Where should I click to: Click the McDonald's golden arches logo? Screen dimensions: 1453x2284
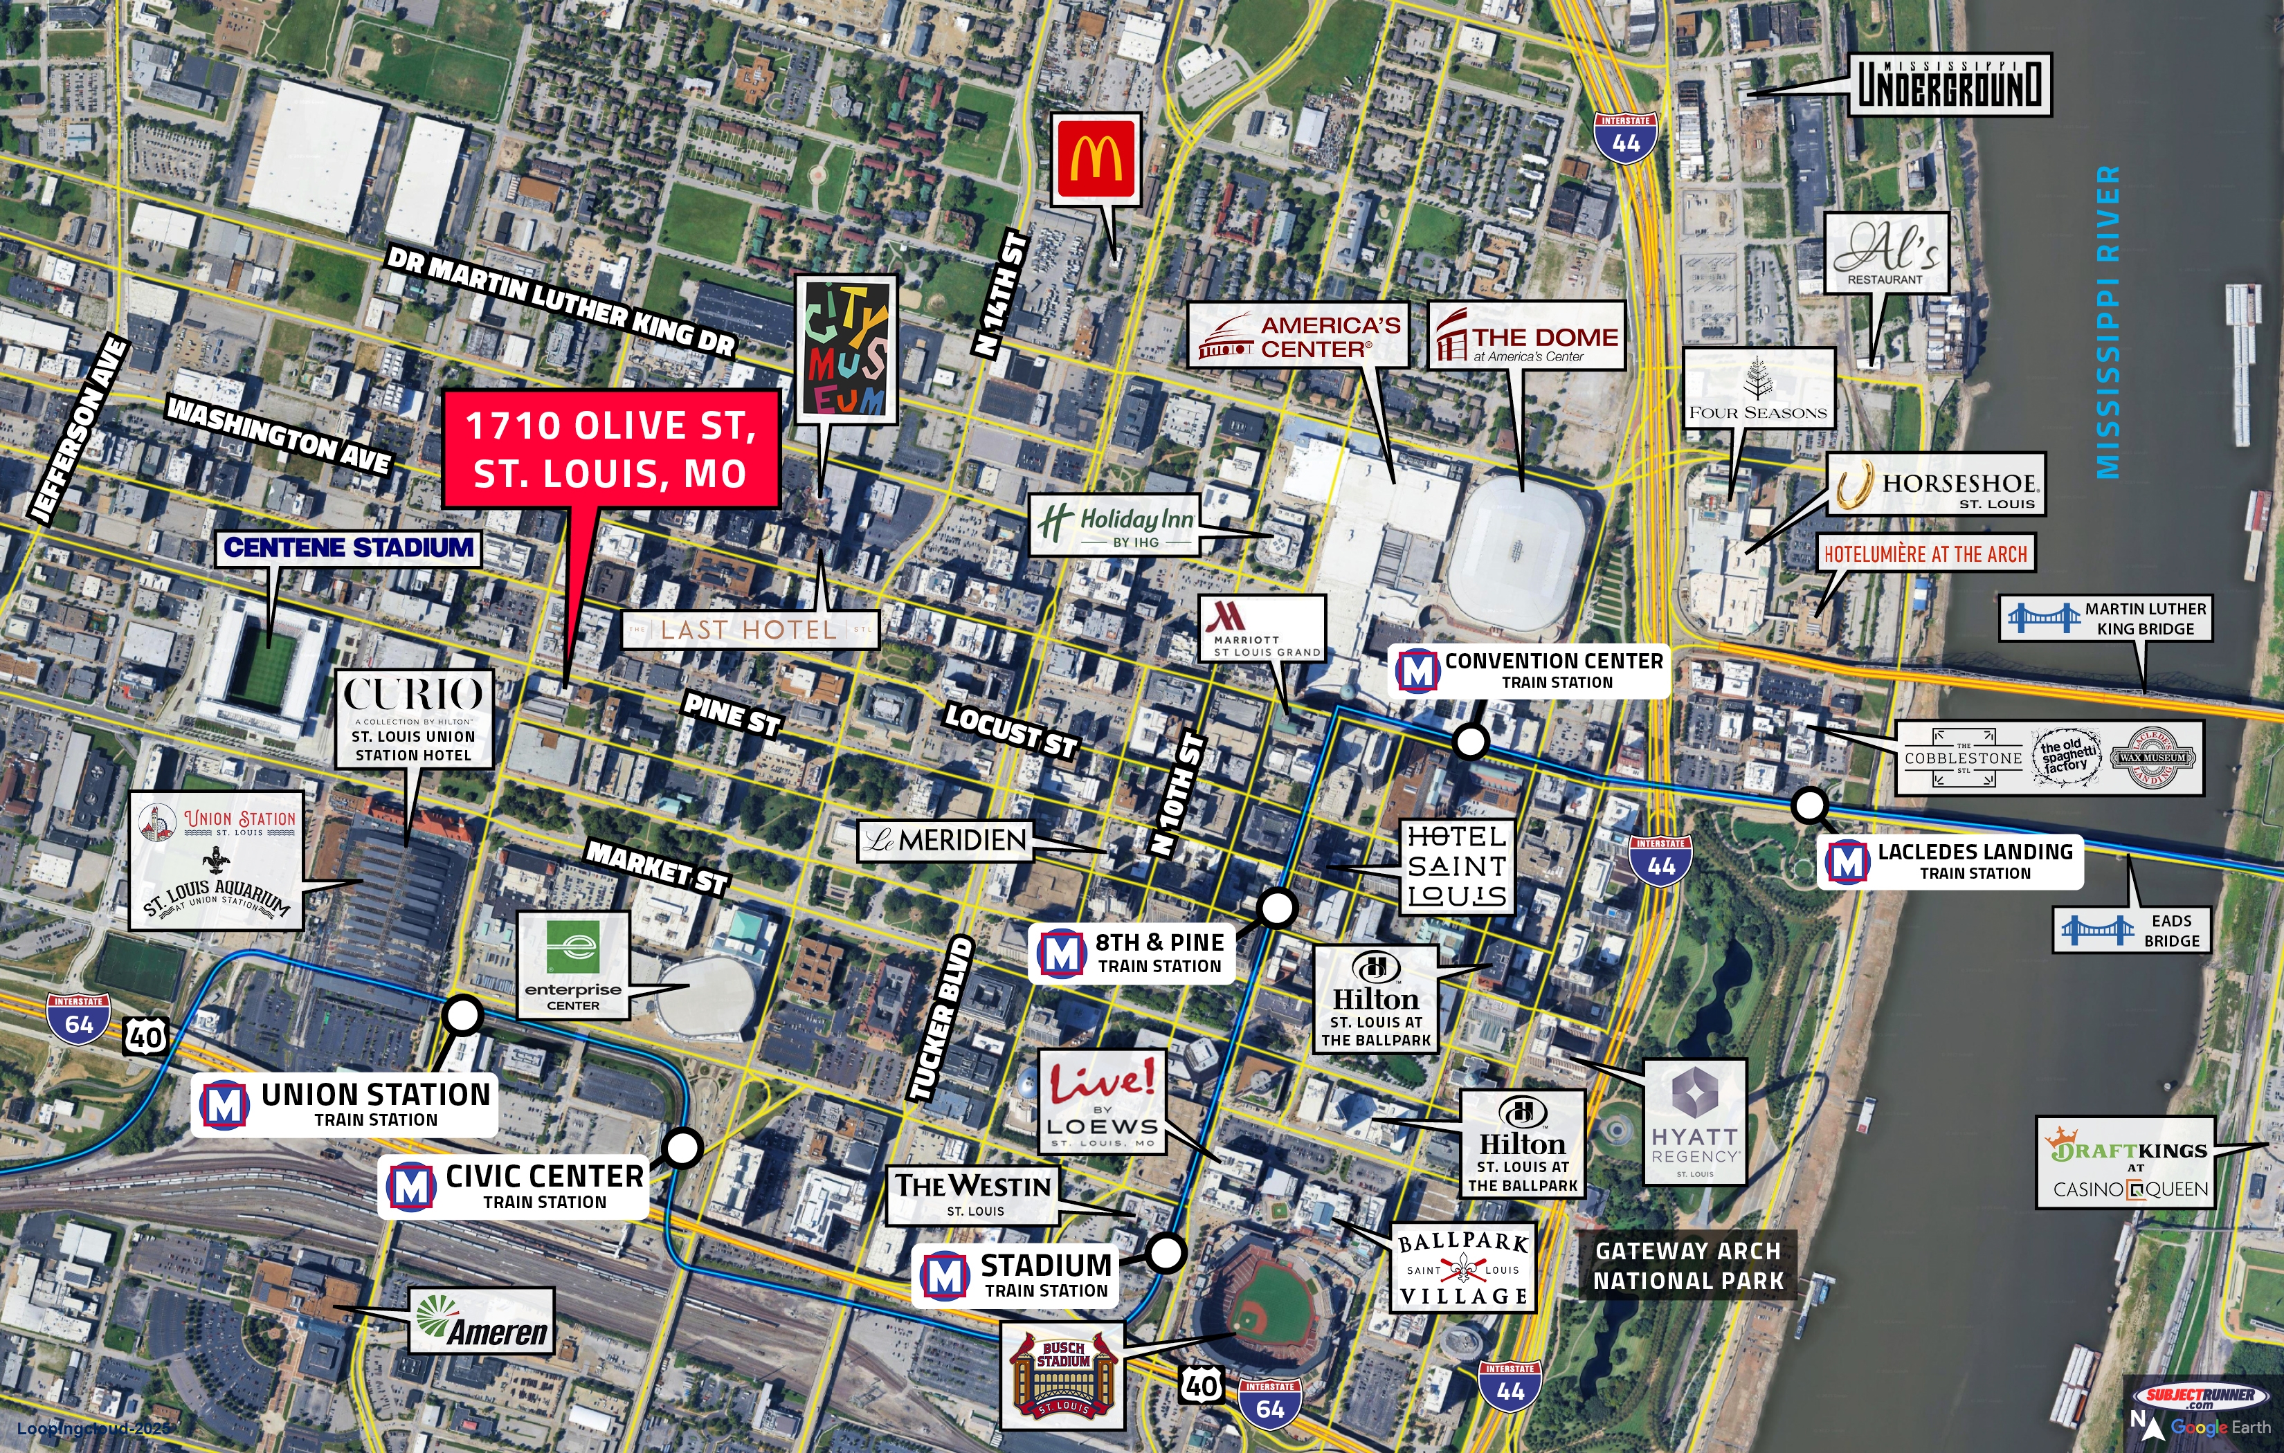1096,158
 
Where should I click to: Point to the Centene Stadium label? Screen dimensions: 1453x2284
348,548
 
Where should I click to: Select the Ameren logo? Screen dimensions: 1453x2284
482,1320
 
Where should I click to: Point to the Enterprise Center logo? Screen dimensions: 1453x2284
573,965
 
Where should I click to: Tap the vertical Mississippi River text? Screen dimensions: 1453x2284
2108,322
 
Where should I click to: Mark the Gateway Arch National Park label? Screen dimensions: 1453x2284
1688,1266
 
